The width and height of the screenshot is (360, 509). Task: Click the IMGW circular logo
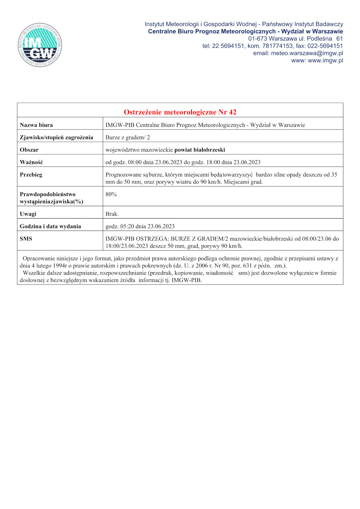click(x=40, y=45)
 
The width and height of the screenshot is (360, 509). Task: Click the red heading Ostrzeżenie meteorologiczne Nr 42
click(x=180, y=112)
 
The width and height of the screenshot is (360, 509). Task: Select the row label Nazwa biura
click(x=36, y=125)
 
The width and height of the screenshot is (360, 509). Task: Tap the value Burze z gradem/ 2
click(x=128, y=138)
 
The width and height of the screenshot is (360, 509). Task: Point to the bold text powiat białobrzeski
click(x=200, y=150)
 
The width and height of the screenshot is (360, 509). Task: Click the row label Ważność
click(x=31, y=162)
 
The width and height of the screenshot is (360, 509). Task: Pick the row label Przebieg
click(x=31, y=175)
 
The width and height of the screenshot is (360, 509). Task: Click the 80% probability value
click(x=111, y=194)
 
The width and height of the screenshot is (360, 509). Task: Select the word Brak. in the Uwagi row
click(x=112, y=214)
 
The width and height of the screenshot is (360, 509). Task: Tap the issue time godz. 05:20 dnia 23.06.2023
click(x=140, y=227)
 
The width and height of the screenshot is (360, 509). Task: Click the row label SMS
click(x=26, y=239)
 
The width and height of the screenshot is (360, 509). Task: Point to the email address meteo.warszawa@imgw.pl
click(x=307, y=53)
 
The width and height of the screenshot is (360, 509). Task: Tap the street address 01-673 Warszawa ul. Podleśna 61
click(x=295, y=39)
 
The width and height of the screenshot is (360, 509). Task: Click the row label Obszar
click(x=29, y=150)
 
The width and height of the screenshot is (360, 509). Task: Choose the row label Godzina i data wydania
click(x=50, y=227)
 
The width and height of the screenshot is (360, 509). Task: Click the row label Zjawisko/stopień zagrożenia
click(x=56, y=138)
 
